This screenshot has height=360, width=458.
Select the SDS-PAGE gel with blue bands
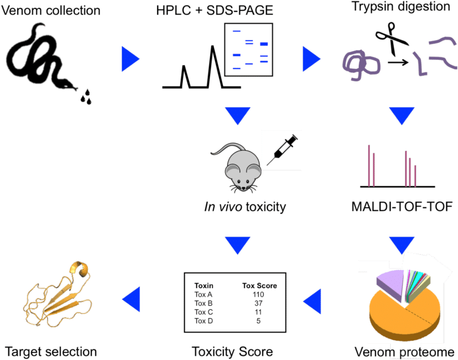[x=248, y=50]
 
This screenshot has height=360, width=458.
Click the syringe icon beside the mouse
[x=281, y=150]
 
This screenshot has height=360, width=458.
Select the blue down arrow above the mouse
[x=238, y=116]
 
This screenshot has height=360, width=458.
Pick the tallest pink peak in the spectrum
[x=369, y=165]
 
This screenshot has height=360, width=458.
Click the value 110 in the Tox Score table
[x=258, y=294]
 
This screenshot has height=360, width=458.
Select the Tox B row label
[x=203, y=303]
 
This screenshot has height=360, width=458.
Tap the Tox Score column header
[x=260, y=285]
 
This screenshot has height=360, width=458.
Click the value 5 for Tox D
[x=258, y=321]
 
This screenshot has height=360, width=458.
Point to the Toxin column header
[x=203, y=285]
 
